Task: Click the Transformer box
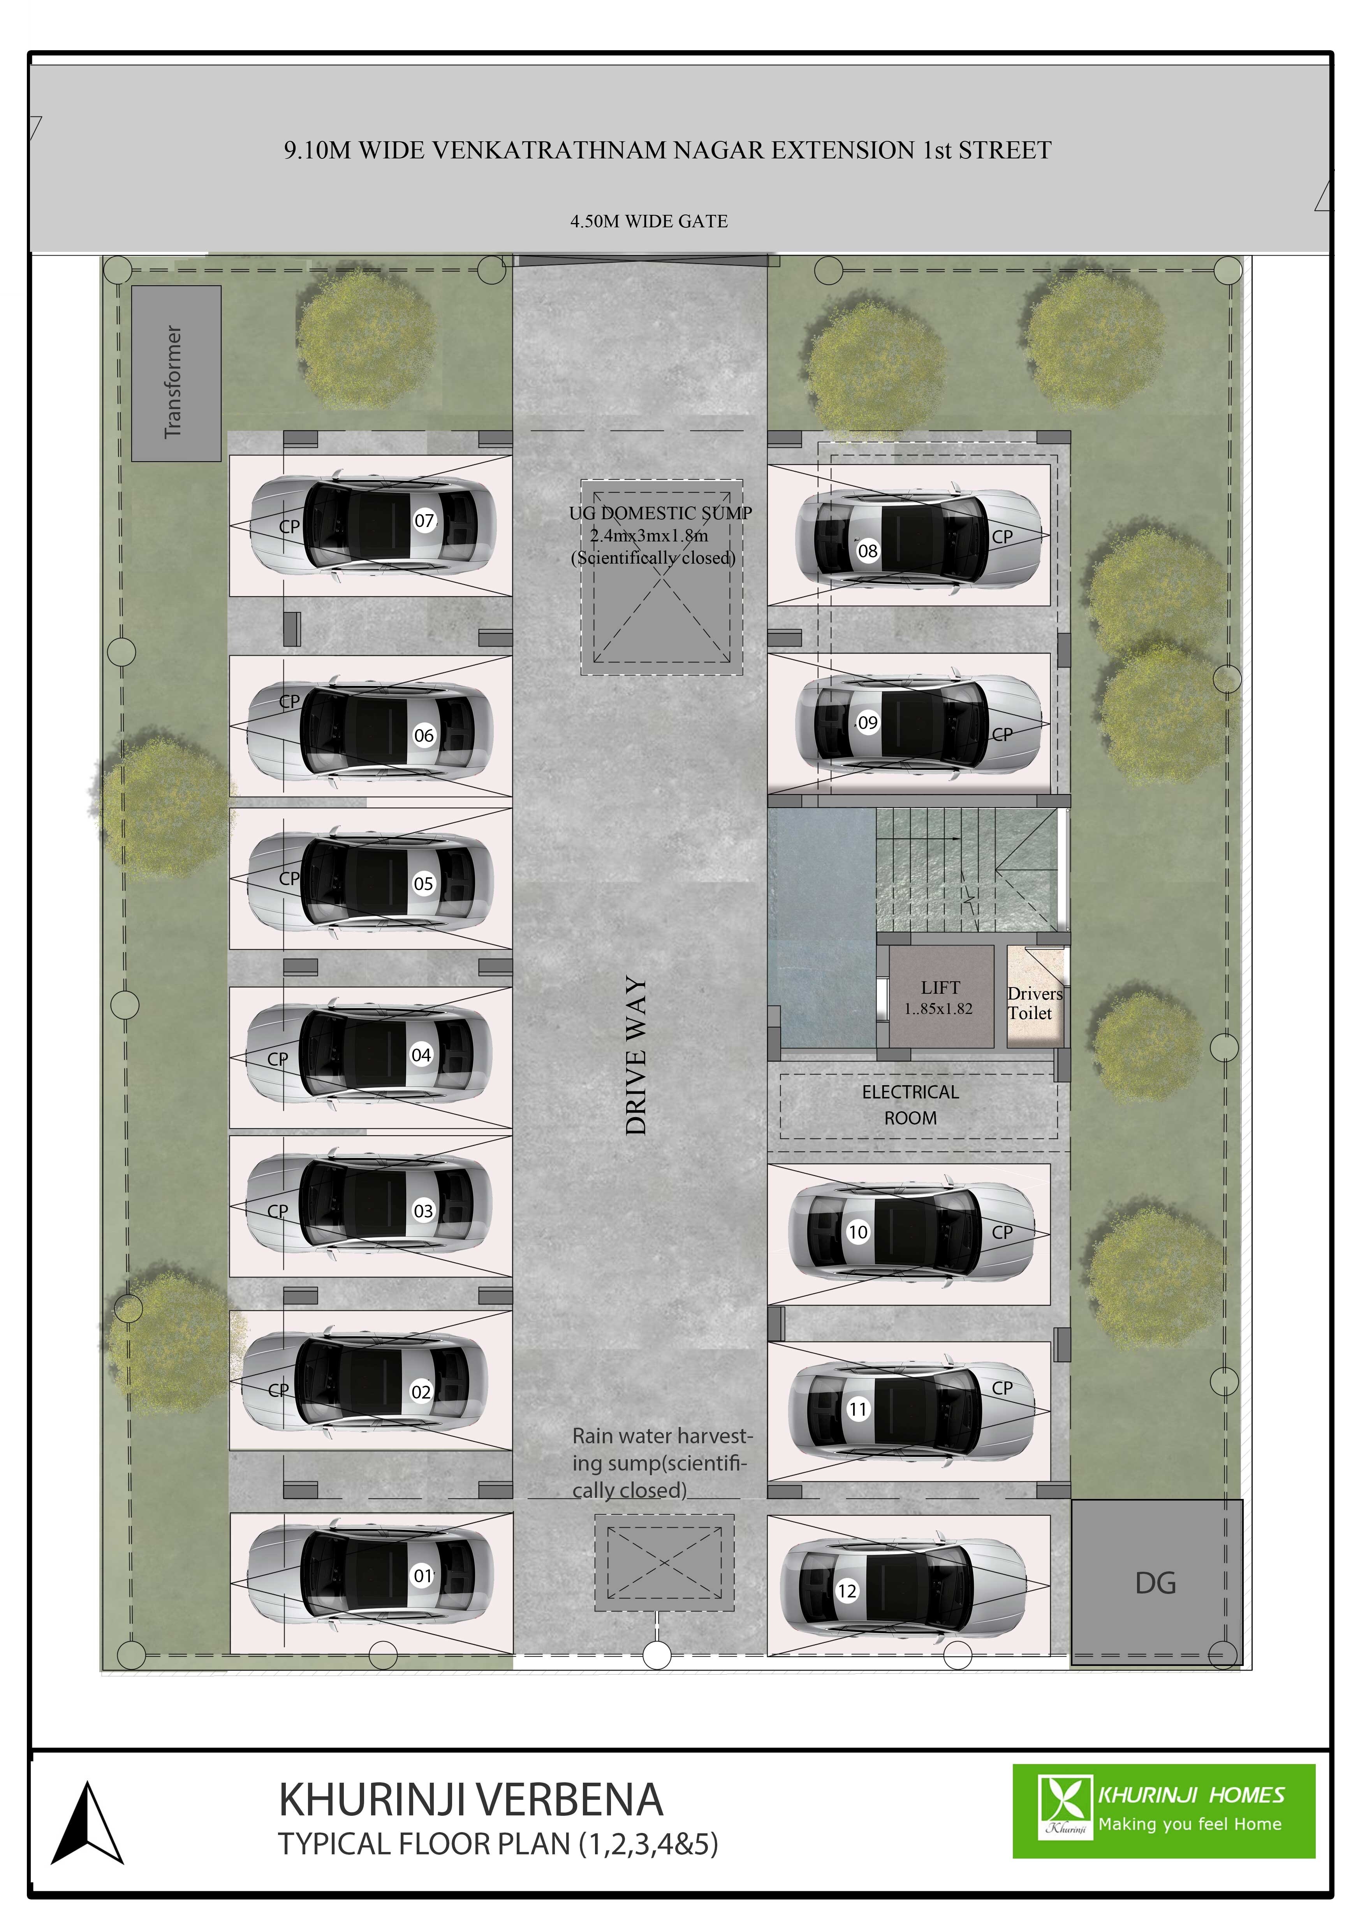pyautogui.click(x=176, y=373)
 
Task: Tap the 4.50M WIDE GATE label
pyautogui.click(x=648, y=221)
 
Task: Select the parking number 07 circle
pyautogui.click(x=424, y=520)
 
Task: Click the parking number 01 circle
pyautogui.click(x=422, y=1576)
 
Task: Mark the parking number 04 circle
pyautogui.click(x=421, y=1055)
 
